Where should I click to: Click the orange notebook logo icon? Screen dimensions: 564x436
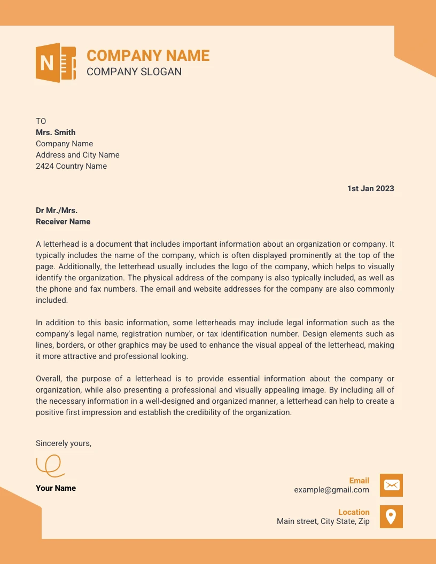(56, 63)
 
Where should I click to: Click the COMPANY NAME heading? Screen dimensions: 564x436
(148, 56)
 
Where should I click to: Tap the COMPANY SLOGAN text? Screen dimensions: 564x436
(134, 72)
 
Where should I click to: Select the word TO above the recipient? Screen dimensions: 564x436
(41, 121)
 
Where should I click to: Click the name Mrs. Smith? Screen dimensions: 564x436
(56, 132)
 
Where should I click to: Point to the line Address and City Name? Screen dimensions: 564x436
(77, 155)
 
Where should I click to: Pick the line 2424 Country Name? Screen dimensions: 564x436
(71, 166)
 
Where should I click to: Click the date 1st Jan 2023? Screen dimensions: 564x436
(370, 189)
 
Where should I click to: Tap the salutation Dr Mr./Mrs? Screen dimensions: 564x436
(57, 210)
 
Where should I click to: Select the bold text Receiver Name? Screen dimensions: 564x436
(63, 222)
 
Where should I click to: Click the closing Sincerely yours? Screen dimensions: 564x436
(64, 443)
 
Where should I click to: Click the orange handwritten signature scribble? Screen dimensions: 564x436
(50, 465)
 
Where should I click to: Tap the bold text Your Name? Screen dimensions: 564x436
(56, 488)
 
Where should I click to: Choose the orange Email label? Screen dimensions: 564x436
(359, 481)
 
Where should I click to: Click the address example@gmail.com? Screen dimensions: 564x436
(331, 490)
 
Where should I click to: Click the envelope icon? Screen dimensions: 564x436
(391, 485)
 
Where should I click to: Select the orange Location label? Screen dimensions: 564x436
(354, 512)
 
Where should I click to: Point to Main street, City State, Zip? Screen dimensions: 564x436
(323, 521)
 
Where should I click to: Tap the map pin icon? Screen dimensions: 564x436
(391, 516)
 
